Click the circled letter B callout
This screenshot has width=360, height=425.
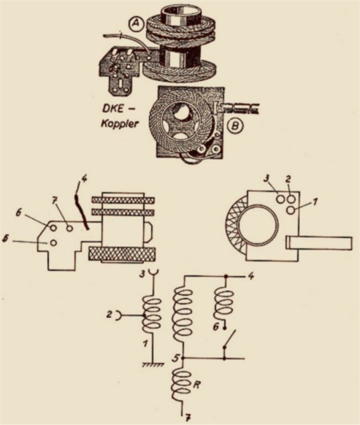[x=234, y=126]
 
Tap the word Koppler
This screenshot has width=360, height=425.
[x=120, y=124]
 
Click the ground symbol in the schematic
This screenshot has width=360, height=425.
[x=153, y=364]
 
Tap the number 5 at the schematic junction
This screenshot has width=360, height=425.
[x=177, y=358]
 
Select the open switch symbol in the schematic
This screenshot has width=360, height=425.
[x=228, y=339]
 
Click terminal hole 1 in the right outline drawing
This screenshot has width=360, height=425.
[x=291, y=210]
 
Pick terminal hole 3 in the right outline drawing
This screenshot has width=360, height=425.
[x=280, y=199]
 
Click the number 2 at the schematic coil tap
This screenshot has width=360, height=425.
[x=109, y=315]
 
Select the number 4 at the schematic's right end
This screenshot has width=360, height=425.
[x=251, y=277]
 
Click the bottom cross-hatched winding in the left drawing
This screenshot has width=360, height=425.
[x=121, y=254]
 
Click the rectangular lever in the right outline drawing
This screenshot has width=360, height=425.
[x=319, y=242]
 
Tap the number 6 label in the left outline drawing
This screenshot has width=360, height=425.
[x=18, y=213]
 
